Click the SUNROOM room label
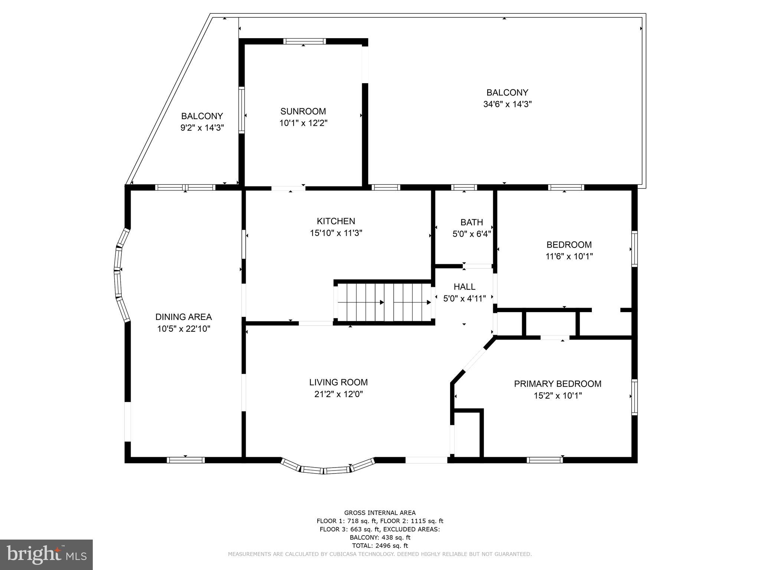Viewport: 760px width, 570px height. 303,111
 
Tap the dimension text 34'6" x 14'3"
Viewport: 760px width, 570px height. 507,104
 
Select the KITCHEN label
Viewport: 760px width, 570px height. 336,221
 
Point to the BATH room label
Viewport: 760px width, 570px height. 471,222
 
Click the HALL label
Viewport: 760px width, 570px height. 464,287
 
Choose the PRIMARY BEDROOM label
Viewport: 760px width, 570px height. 557,384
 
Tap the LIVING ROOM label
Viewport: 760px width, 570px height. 338,382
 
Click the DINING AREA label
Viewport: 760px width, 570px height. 183,317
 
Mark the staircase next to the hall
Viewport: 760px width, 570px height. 384,302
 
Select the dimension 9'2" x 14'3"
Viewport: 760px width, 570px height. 202,128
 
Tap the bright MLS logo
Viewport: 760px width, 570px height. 46,554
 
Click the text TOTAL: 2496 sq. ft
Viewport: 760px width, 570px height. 380,546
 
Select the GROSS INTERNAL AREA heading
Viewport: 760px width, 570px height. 380,513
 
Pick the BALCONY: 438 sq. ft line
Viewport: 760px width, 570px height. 380,537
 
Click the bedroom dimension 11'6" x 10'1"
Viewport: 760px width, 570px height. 569,256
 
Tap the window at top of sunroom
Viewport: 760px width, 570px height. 304,41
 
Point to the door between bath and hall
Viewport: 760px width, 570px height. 477,266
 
